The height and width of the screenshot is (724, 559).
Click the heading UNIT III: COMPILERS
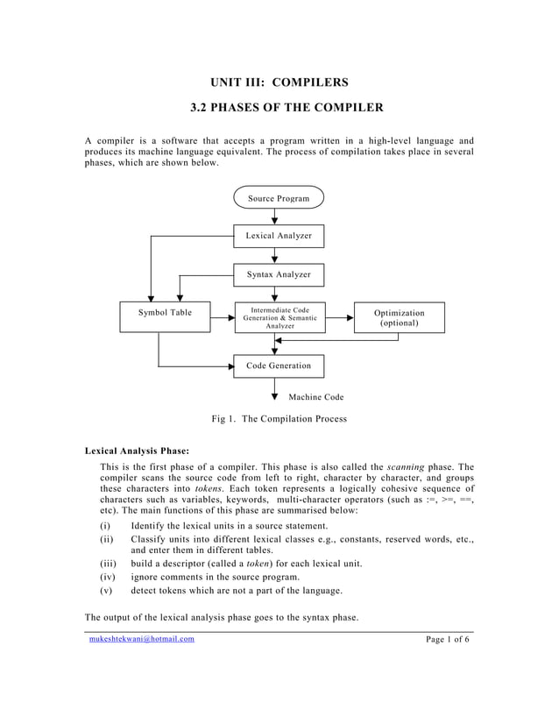(279, 82)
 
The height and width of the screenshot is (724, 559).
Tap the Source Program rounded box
(279, 198)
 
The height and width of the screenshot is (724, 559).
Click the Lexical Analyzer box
(279, 236)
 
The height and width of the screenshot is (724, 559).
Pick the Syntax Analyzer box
(279, 274)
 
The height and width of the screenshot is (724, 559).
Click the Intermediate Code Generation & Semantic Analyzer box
(279, 317)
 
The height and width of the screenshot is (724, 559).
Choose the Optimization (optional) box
(399, 317)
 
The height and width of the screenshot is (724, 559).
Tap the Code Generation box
(279, 366)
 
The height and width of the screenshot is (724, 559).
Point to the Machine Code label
(316, 397)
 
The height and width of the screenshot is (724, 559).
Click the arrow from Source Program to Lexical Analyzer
(275, 217)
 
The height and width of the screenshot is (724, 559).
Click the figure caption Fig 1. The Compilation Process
(279, 419)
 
